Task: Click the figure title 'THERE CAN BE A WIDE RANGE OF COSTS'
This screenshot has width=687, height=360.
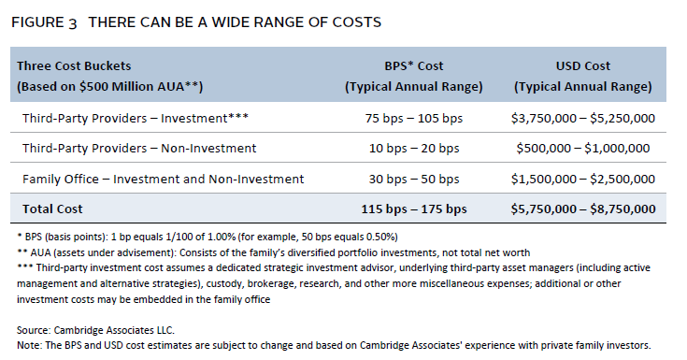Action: tap(235, 22)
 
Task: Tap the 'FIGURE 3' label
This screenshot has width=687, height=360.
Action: tap(44, 22)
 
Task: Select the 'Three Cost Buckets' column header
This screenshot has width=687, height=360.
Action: tap(74, 65)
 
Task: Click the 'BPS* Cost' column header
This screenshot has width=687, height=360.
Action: tap(413, 65)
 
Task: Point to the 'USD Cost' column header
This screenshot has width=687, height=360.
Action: tap(582, 65)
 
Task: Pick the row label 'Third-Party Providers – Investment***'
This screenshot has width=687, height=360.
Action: tap(136, 119)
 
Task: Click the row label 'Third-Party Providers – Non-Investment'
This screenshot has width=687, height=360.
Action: tap(139, 149)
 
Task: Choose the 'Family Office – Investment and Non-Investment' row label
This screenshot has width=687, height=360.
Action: tap(163, 179)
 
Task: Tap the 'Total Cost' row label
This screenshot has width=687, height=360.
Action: tap(52, 209)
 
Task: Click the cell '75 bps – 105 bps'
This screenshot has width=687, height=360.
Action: tap(413, 119)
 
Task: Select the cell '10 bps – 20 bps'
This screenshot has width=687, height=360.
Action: tap(413, 149)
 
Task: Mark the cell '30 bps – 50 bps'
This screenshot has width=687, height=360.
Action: tap(413, 179)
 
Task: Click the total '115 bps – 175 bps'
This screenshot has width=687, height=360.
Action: tap(413, 209)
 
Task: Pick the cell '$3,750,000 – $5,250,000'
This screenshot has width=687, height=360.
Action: tap(582, 119)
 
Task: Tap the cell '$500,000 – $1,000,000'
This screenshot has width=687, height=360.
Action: tap(582, 149)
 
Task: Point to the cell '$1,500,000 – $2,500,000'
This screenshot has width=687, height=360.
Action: tap(582, 179)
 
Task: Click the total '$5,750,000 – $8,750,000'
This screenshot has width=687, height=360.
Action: tap(582, 209)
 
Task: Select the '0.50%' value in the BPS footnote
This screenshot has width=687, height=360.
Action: tap(380, 238)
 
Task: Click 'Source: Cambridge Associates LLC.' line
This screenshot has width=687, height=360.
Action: tap(95, 330)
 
